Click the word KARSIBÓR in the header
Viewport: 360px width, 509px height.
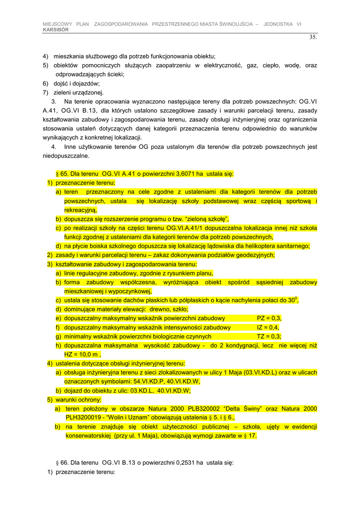(x=56, y=30)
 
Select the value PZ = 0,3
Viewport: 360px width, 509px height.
(x=269, y=318)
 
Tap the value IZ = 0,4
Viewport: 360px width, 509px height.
(x=268, y=328)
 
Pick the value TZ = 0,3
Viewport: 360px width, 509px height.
(x=269, y=337)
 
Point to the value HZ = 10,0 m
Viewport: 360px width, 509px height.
(x=82, y=354)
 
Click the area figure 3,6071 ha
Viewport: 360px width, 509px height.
(x=181, y=174)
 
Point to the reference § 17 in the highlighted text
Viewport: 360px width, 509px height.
(x=251, y=436)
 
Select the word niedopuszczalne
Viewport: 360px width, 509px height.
(x=66, y=156)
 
